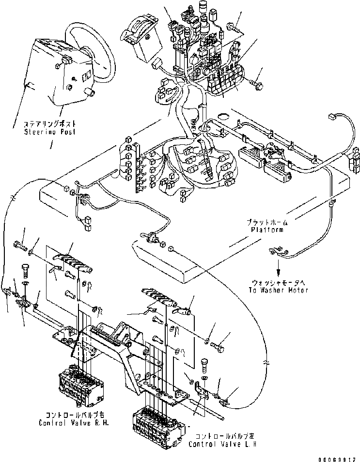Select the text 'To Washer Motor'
[x=280, y=290]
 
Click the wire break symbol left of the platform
[x=14, y=198]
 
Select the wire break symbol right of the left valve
[x=266, y=361]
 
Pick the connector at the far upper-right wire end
[x=332, y=116]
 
